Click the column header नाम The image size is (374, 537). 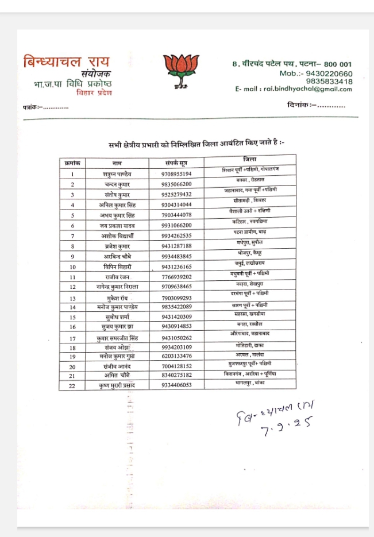pos(117,163)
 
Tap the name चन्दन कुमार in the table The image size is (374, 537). pos(117,184)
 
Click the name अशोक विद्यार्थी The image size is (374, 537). pos(117,235)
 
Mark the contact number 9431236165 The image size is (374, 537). pos(176,266)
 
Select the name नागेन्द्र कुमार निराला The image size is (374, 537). pos(118,287)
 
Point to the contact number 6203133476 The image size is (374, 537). pos(176,357)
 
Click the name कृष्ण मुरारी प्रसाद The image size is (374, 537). pos(117,385)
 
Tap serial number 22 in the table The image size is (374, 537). pos(72,385)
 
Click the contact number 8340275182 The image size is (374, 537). pos(176,375)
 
